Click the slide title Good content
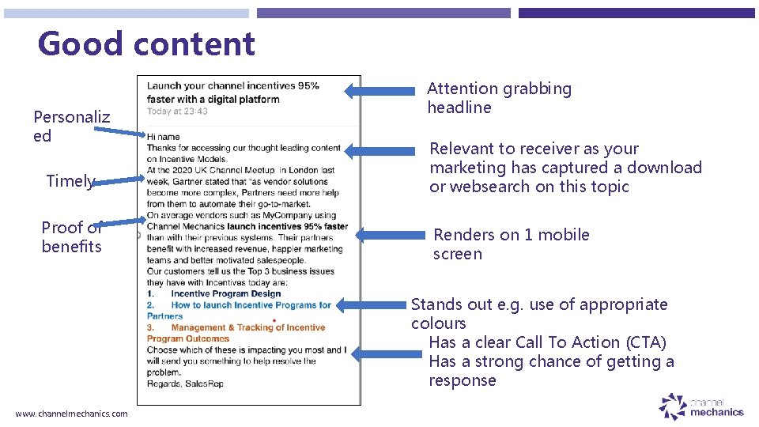pos(146,43)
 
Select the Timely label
pos(70,181)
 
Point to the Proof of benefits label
pos(72,237)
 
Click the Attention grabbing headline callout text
pos(499,98)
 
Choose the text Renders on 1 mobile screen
pos(511,244)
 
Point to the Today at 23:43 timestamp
pos(177,111)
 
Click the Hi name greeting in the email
pos(163,137)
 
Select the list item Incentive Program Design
pos(225,293)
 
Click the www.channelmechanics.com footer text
pos(71,414)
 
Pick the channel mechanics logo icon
pos(673,407)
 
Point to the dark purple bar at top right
pos(636,13)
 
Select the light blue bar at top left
pos(126,13)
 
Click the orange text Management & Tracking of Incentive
pos(247,327)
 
